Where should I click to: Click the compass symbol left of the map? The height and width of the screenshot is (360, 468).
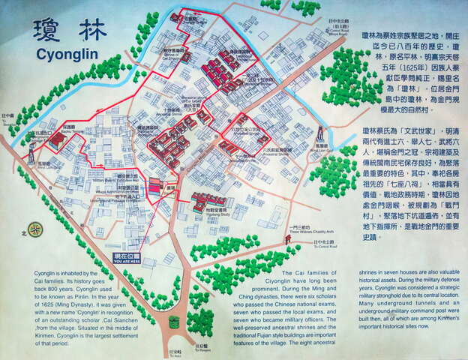click(33, 229)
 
